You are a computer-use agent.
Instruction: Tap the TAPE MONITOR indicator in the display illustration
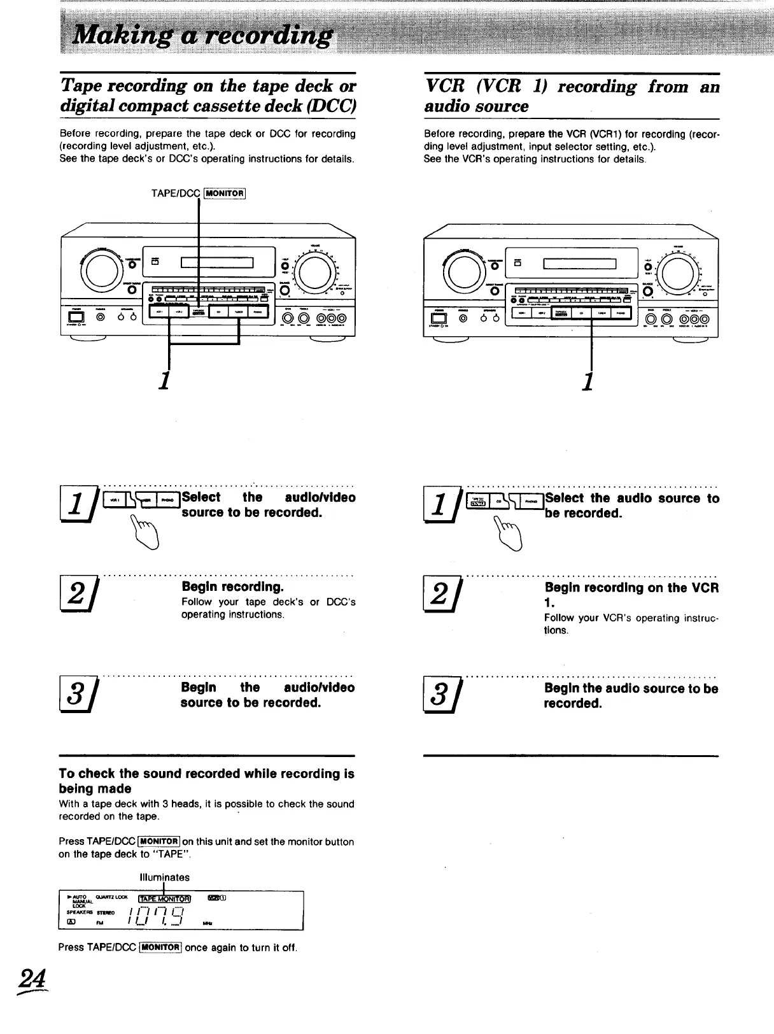(x=164, y=898)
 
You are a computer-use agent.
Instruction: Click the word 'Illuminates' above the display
(x=164, y=877)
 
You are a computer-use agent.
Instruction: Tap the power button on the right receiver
(x=439, y=319)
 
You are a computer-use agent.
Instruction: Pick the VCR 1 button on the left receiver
(x=159, y=312)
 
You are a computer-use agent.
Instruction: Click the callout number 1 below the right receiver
(x=589, y=382)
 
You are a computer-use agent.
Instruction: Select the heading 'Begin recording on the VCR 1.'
(x=631, y=595)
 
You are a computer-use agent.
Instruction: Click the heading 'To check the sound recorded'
(x=206, y=781)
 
